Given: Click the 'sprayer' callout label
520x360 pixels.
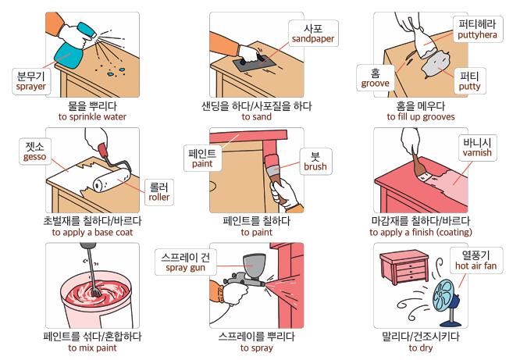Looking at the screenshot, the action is pyautogui.click(x=31, y=81).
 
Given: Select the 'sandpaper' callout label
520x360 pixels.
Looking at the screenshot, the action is pyautogui.click(x=313, y=34).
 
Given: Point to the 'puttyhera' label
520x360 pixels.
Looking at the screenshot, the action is pyautogui.click(x=478, y=29).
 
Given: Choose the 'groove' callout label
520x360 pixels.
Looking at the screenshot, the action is pyautogui.click(x=375, y=78).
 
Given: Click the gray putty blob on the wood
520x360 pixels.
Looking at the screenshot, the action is pyautogui.click(x=435, y=63).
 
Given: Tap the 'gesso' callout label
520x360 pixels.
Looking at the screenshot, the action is pyautogui.click(x=35, y=151).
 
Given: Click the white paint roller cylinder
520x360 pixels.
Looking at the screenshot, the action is pyautogui.click(x=111, y=180).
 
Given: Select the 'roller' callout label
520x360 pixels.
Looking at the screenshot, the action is pyautogui.click(x=159, y=192).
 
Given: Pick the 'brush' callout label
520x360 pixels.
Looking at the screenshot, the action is pyautogui.click(x=315, y=161).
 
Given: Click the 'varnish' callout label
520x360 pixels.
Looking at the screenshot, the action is pyautogui.click(x=477, y=148).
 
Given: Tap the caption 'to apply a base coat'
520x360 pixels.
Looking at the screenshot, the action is pyautogui.click(x=92, y=232).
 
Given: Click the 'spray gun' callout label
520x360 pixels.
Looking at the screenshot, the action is pyautogui.click(x=185, y=262).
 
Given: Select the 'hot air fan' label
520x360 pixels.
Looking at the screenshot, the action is pyautogui.click(x=476, y=261).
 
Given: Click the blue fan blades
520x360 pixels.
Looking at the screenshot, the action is pyautogui.click(x=444, y=296).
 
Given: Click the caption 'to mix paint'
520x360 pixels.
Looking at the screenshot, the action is pyautogui.click(x=92, y=348).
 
